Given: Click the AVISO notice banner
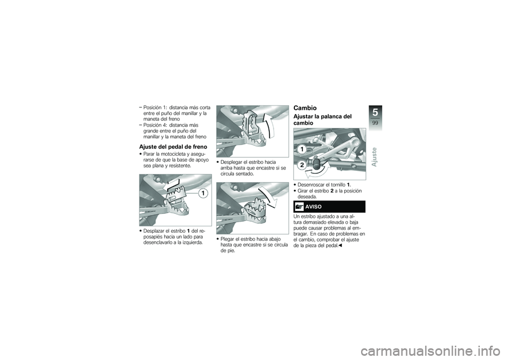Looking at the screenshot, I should click(329, 207).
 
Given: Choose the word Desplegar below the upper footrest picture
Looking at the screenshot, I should click(234, 162).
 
